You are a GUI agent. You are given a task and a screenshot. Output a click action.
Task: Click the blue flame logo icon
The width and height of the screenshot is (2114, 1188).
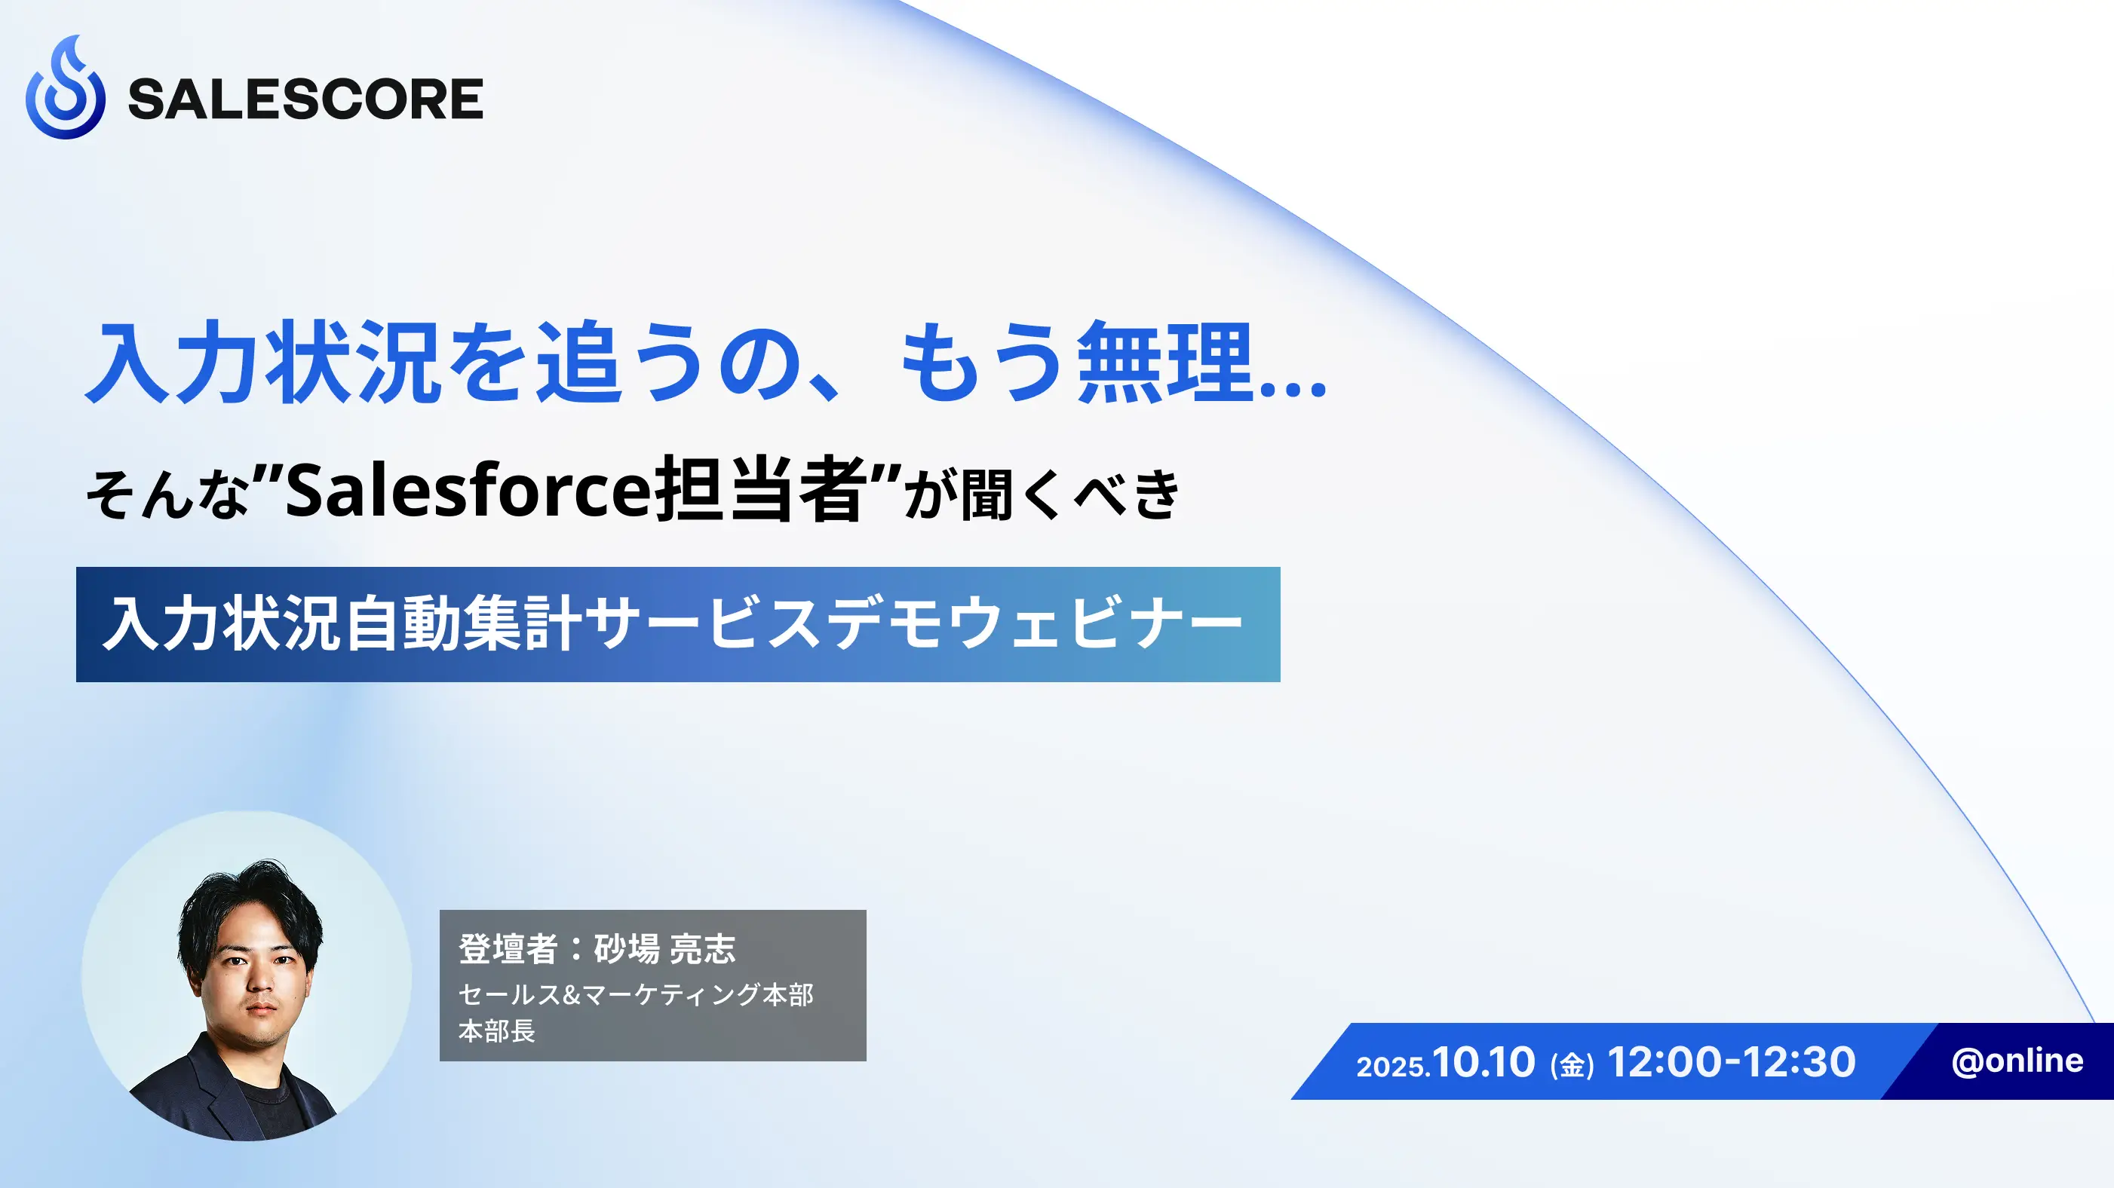click(x=66, y=87)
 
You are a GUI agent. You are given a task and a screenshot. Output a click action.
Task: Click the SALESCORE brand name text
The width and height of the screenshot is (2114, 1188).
click(x=305, y=100)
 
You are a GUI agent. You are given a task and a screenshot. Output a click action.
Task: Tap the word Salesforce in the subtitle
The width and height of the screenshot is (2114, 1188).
click(x=468, y=490)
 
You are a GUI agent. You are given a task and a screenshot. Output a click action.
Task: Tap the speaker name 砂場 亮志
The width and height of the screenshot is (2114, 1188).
click(x=664, y=948)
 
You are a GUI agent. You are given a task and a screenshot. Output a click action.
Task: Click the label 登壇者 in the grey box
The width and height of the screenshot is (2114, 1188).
click(x=508, y=948)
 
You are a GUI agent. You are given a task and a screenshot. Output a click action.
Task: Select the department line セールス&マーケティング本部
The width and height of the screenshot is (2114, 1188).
click(x=636, y=994)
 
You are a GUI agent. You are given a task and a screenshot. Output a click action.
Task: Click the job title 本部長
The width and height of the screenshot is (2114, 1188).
click(x=496, y=1030)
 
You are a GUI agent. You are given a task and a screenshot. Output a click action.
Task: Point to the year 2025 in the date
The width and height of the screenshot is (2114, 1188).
click(x=1389, y=1067)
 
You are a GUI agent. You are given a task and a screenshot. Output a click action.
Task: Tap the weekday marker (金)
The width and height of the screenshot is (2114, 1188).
click(x=1572, y=1065)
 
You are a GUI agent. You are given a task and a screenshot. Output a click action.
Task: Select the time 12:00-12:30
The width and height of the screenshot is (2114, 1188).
click(x=1732, y=1061)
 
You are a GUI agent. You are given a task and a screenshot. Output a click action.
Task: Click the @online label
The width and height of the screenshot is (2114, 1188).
click(x=2017, y=1061)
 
